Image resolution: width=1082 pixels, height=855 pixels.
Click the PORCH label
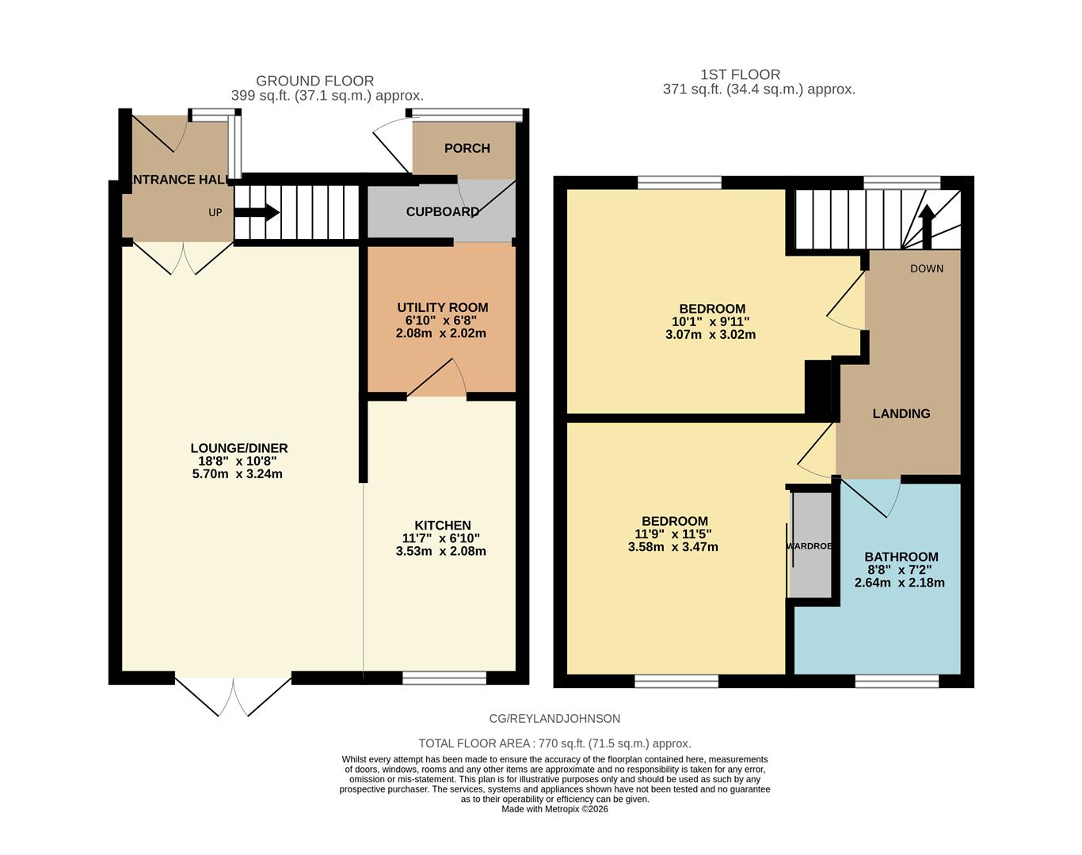467,148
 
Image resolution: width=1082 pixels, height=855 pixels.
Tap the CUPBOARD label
442,211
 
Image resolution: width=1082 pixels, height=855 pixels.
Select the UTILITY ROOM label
442,307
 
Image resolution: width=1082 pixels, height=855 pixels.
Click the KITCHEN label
442,525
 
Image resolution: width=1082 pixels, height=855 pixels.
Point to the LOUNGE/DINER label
238,448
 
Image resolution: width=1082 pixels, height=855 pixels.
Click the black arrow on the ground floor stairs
257,212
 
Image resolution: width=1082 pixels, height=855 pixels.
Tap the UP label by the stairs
215,212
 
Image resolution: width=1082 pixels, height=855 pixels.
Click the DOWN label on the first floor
926,268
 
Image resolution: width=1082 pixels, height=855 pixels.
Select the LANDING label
901,413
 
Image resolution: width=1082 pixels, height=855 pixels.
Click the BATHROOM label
901,557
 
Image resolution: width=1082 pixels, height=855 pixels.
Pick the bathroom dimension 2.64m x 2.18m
899,583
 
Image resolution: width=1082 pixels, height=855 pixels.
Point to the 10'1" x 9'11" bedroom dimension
711,321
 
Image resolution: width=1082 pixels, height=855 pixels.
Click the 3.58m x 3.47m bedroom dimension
672,546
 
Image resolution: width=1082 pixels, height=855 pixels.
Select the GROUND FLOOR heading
314,81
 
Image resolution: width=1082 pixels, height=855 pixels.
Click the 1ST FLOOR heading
740,74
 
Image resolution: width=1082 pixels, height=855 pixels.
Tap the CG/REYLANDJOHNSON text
554,719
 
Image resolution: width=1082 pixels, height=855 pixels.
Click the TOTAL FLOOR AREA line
554,743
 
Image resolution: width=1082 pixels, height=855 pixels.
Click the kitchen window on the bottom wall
444,678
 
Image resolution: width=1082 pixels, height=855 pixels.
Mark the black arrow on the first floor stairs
927,218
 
